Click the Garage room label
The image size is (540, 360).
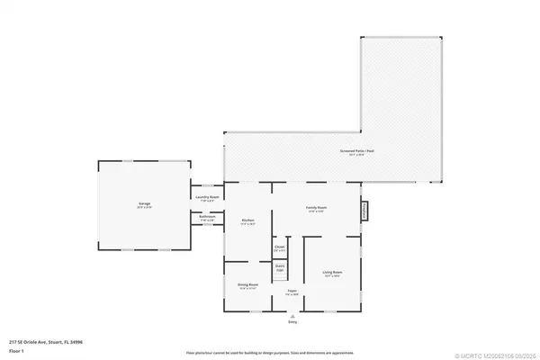pos(144,205)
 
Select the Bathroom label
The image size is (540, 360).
pos(204,217)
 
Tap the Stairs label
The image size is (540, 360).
pos(280,268)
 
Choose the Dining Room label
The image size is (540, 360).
pos(247,284)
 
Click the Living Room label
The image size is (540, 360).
pos(332,273)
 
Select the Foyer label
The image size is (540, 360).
pos(292,291)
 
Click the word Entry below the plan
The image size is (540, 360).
pos(292,321)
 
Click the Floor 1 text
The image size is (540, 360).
pos(17,349)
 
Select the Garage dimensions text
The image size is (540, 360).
pos(144,209)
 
